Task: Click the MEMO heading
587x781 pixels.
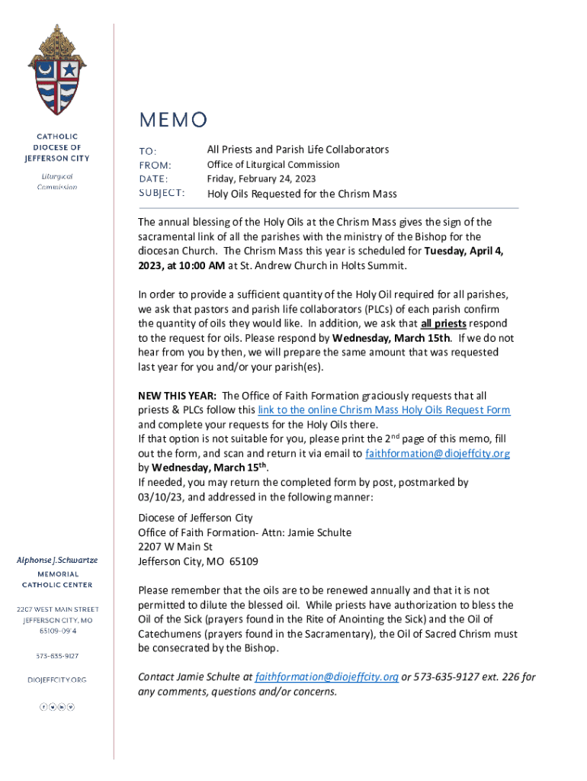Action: point(172,120)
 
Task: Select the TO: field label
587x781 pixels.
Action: point(147,150)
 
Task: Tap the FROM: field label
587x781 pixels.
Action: point(155,165)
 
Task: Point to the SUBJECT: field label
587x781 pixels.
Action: point(162,193)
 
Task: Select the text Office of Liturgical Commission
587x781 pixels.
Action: point(274,165)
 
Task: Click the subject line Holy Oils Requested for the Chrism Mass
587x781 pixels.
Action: point(302,194)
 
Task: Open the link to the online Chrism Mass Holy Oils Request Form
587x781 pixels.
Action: point(384,410)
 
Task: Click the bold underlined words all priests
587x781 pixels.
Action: point(444,323)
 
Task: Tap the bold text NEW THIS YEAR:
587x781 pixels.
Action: point(177,396)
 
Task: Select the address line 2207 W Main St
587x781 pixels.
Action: point(175,547)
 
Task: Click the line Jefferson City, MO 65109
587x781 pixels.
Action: point(197,561)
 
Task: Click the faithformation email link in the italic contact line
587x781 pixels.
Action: point(327,677)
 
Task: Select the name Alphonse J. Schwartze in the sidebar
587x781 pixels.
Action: point(57,561)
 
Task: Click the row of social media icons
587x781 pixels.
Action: point(57,707)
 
